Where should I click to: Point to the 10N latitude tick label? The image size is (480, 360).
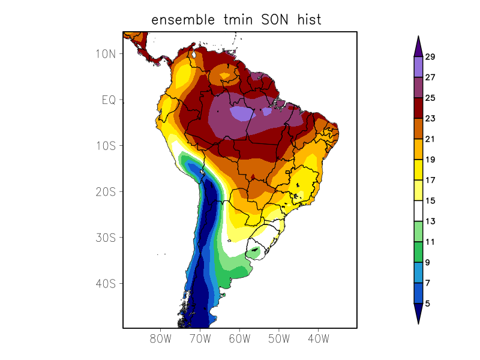click(x=105, y=53)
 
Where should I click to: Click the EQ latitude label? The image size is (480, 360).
click(x=109, y=100)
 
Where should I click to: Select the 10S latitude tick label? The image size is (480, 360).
click(x=105, y=146)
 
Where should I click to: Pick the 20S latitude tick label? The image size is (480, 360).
click(x=105, y=191)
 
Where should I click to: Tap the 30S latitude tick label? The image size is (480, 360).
click(x=105, y=238)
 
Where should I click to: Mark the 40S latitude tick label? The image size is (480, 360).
click(x=105, y=283)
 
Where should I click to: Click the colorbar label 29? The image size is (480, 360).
click(x=430, y=57)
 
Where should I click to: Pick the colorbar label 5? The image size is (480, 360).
click(x=427, y=304)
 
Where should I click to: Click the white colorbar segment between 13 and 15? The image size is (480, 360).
click(x=418, y=211)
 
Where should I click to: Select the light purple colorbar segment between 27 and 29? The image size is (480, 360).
click(x=418, y=67)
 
